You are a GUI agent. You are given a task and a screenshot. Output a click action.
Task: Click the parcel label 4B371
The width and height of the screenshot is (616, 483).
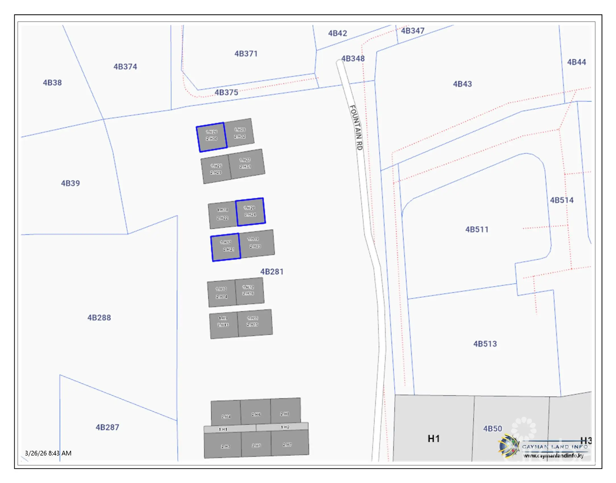[246, 54]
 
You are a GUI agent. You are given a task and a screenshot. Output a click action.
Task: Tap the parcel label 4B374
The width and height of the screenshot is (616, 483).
[125, 67]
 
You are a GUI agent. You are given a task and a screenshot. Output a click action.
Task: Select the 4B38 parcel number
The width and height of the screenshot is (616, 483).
[52, 83]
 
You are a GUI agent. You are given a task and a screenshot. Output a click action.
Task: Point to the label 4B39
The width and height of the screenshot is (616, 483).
[70, 183]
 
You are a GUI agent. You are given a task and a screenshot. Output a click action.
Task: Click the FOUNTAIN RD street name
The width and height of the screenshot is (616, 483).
[356, 128]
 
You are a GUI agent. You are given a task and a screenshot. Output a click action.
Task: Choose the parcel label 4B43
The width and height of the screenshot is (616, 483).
[462, 84]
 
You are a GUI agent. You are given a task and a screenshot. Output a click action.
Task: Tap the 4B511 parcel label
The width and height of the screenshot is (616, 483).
[477, 230]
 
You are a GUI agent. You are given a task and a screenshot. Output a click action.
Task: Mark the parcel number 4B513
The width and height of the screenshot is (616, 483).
[485, 344]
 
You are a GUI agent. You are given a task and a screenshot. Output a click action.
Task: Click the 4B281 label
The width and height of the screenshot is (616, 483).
[272, 272]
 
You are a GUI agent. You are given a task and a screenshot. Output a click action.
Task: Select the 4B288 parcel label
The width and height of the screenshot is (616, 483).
[99, 318]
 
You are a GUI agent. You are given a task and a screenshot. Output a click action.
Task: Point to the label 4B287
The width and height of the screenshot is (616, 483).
[107, 427]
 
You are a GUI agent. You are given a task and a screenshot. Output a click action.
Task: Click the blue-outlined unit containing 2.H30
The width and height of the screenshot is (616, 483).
[212, 137]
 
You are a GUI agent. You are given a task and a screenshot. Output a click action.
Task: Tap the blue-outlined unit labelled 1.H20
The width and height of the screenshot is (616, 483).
[250, 212]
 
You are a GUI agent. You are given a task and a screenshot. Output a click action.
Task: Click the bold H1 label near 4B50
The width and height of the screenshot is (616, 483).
[434, 439]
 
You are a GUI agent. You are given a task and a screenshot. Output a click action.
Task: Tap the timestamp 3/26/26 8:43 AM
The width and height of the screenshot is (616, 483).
[48, 453]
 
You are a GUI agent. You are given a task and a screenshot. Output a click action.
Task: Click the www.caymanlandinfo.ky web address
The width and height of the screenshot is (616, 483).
[553, 456]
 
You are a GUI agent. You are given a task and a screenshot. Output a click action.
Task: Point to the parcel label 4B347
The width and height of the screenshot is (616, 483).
[413, 31]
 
